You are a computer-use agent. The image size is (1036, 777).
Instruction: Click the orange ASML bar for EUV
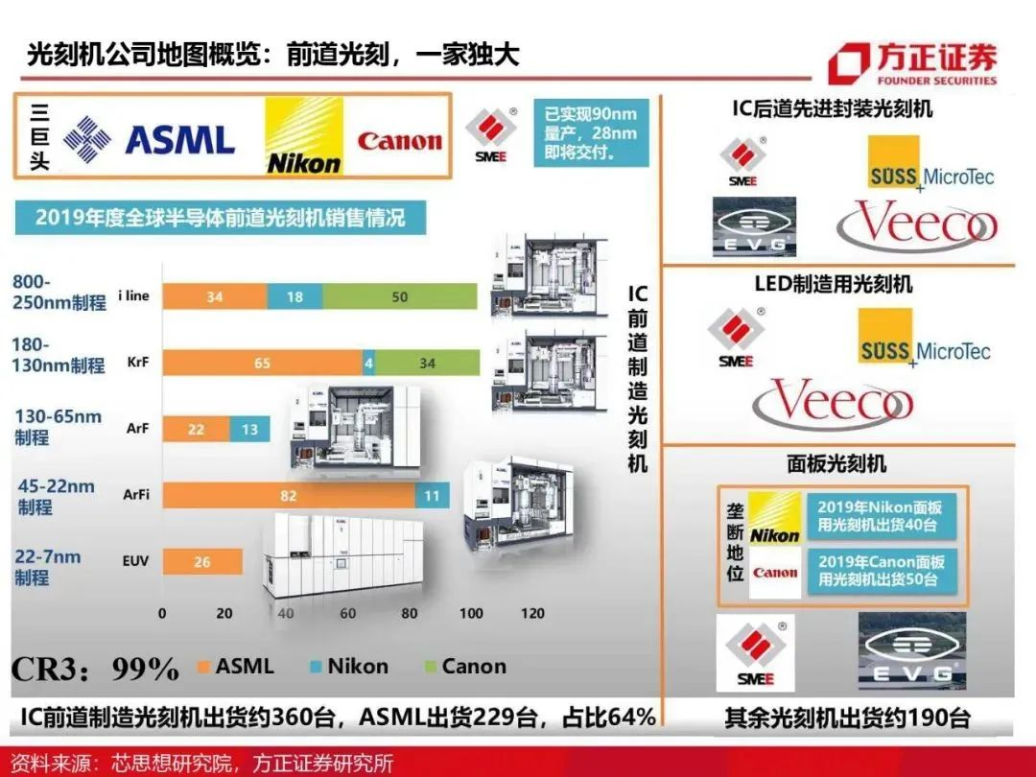click(202, 561)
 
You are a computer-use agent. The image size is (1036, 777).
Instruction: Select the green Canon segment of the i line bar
click(400, 296)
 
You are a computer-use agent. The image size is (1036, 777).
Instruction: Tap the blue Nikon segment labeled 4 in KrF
click(368, 363)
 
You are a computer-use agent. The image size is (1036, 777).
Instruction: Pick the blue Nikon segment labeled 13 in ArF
click(249, 430)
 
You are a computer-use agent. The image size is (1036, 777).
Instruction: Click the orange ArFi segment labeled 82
click(290, 496)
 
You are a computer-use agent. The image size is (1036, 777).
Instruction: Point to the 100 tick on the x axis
click(471, 613)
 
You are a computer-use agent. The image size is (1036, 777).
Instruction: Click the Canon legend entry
click(465, 666)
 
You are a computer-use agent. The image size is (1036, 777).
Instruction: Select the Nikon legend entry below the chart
click(349, 666)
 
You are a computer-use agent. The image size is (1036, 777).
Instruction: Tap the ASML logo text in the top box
click(180, 140)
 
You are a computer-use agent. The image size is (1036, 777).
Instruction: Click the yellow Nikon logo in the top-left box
click(304, 136)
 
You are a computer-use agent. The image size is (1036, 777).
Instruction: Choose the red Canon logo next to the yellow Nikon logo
click(399, 140)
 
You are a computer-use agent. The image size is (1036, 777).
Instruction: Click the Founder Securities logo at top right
click(913, 64)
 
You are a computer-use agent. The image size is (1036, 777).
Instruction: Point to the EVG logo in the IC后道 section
click(755, 226)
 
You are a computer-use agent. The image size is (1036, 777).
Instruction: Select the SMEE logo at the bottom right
click(755, 652)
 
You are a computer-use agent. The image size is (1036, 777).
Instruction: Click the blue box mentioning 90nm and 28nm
click(591, 132)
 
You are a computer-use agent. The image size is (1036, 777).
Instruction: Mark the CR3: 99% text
click(95, 670)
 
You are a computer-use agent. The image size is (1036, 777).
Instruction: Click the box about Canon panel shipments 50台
click(882, 571)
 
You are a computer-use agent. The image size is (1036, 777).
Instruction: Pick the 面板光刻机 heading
click(836, 464)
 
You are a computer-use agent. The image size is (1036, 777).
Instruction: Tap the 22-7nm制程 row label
click(48, 567)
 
